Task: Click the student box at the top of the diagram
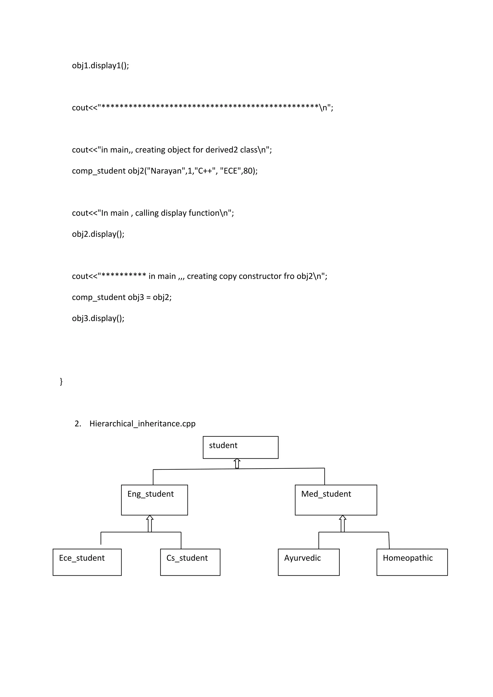(240, 447)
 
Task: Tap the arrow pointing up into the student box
(237, 463)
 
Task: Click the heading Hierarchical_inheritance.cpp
(142, 424)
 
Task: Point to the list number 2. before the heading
(78, 424)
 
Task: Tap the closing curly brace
(61, 381)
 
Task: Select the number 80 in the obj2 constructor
(248, 171)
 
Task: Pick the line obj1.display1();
(100, 65)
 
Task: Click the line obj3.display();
(98, 318)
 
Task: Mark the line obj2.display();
(98, 234)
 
